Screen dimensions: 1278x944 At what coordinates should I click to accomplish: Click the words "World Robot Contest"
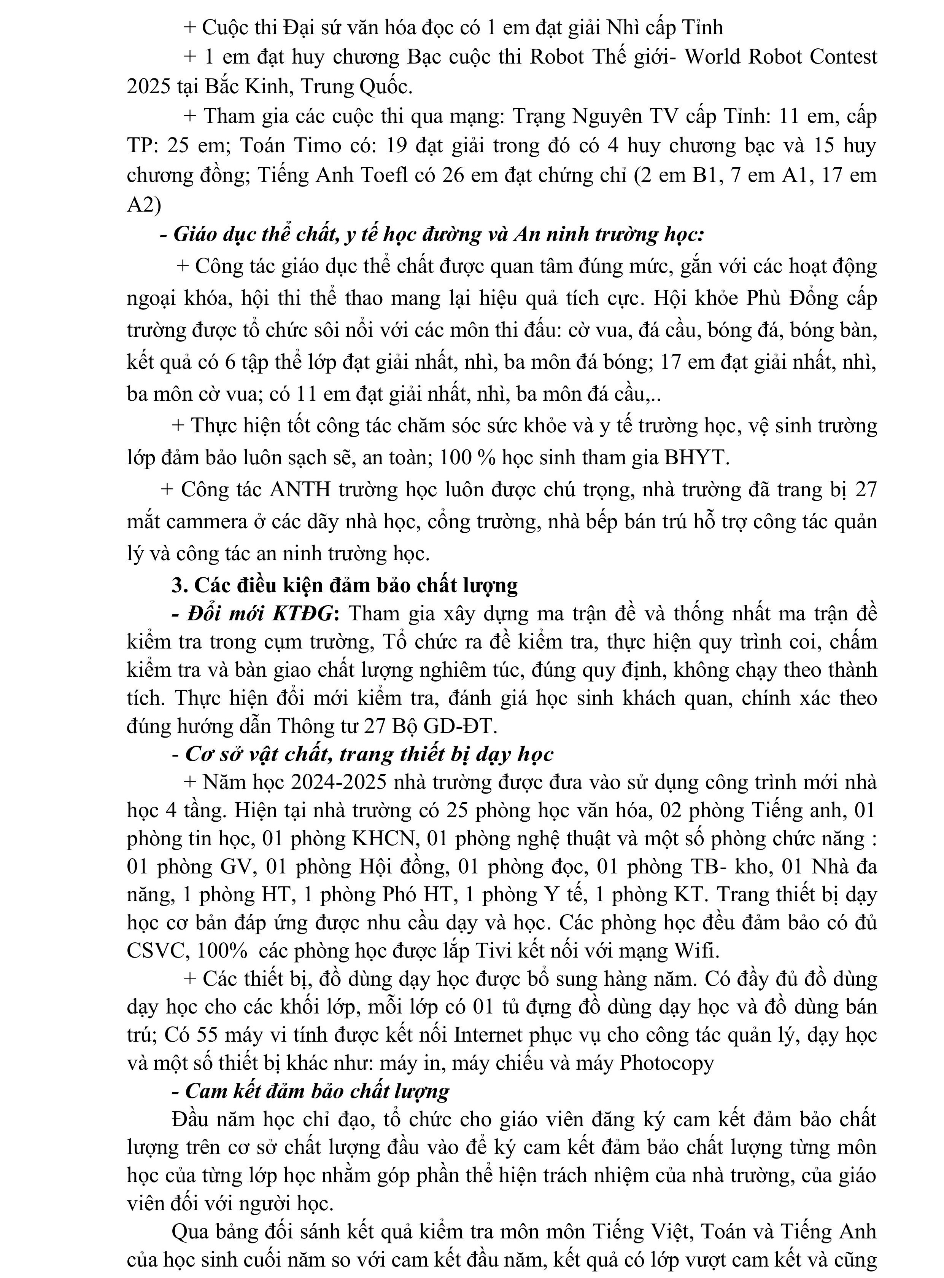point(780,57)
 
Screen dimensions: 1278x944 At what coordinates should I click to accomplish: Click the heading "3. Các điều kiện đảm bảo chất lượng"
point(345,585)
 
